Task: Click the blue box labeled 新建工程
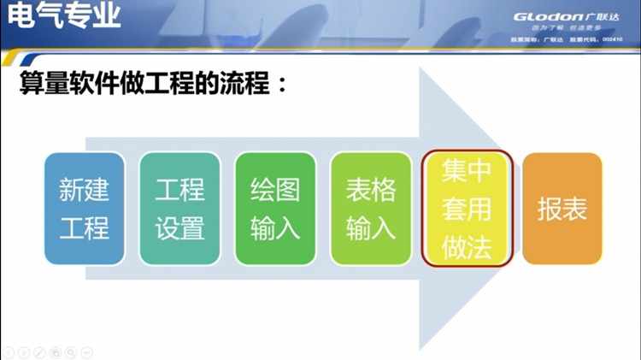(84, 209)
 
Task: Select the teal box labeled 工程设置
(179, 209)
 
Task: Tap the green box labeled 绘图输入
(275, 209)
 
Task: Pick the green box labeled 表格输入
(371, 209)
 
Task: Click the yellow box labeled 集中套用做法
(467, 209)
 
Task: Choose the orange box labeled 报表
(562, 209)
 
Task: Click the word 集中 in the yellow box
(467, 170)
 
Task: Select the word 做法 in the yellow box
(467, 247)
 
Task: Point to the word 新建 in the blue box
(84, 190)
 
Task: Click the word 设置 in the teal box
(179, 228)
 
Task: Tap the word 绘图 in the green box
(275, 190)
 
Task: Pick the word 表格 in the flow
(371, 190)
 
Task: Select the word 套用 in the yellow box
(467, 209)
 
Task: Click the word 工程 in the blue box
(84, 228)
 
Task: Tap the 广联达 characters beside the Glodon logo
(600, 16)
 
